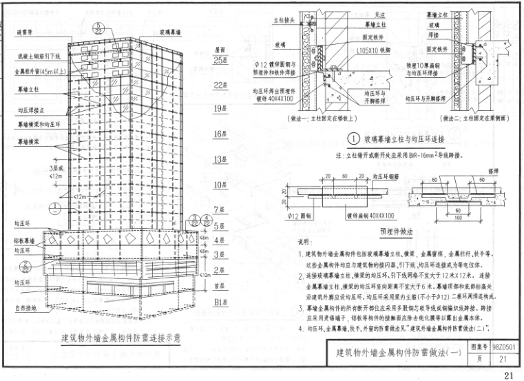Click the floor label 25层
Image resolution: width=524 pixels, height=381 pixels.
coord(220,61)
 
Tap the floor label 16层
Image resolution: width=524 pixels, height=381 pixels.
coord(220,133)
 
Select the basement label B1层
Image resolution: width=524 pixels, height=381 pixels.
coord(220,301)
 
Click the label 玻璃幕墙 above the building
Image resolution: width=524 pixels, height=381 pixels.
coord(171,32)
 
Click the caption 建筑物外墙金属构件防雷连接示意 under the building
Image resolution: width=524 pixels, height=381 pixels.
coord(120,338)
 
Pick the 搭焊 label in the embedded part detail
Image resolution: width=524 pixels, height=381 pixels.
coord(493,169)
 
